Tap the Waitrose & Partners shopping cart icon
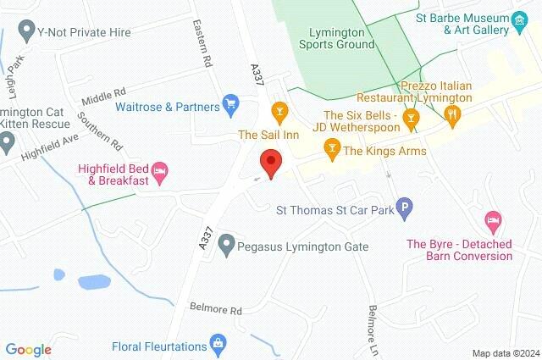click(x=230, y=105)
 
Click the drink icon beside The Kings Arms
click(x=332, y=151)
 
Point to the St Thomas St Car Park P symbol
click(x=406, y=208)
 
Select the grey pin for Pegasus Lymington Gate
click(x=226, y=246)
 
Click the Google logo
click(x=28, y=350)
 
